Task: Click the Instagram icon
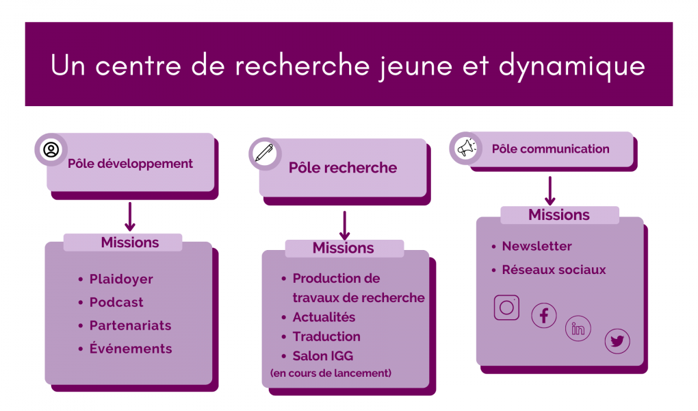pos(506,307)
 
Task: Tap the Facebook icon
pos(543,316)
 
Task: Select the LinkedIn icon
pos(578,329)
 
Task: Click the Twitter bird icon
pos(617,341)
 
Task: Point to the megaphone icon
pos(466,148)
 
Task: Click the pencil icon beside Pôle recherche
pos(264,153)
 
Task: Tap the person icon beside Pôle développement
pos(51,149)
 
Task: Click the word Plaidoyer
pos(121,279)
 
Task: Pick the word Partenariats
pos(131,325)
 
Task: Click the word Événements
pos(131,348)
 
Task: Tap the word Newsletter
pos(537,246)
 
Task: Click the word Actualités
pos(324,317)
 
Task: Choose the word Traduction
pos(326,336)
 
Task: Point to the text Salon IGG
pos(323,356)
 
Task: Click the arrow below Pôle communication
pos(550,191)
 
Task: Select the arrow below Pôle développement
pos(129,216)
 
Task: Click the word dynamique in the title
pos(571,66)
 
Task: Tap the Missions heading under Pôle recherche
pos(344,248)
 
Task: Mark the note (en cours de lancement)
pos(331,373)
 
